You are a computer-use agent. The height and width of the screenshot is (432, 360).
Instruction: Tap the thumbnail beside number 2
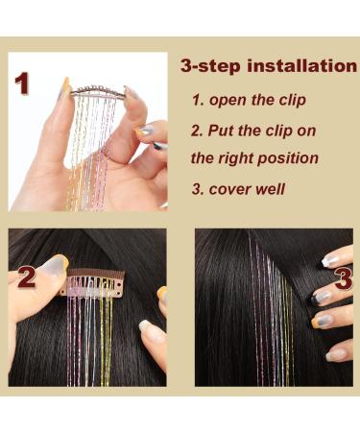[51, 266]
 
